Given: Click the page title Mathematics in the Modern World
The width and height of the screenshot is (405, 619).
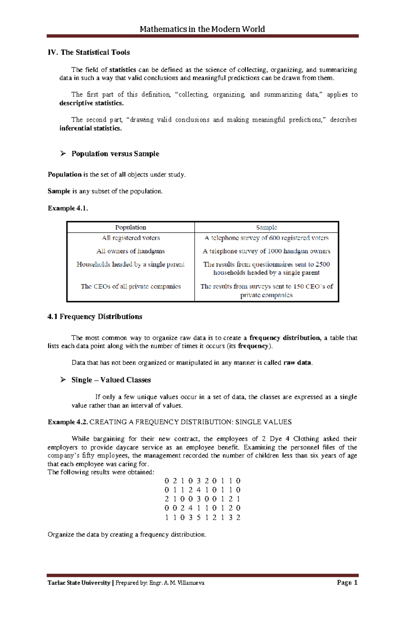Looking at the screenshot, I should tap(202, 29).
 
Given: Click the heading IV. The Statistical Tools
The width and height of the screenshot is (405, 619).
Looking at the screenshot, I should tap(89, 52).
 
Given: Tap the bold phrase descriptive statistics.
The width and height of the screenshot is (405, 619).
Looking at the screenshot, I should tap(91, 103).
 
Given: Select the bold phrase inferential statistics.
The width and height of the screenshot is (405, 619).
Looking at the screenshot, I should tap(90, 128).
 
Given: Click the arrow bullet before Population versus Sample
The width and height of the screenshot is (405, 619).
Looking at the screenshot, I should tap(63, 154).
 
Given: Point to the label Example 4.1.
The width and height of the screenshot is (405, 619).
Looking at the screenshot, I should tap(68, 208).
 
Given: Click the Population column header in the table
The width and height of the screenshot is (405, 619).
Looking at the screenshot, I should tap(131, 227).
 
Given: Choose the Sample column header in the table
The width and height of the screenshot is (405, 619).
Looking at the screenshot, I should tap(266, 227).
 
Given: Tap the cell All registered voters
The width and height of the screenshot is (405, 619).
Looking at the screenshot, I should tap(131, 238).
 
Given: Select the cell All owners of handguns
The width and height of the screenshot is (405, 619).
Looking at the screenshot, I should tap(131, 251).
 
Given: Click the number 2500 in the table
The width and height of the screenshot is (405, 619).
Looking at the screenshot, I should tap(323, 264).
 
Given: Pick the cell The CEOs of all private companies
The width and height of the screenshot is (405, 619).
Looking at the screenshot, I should tap(131, 286).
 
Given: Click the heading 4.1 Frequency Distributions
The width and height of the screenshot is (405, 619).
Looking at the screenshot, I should tap(95, 316).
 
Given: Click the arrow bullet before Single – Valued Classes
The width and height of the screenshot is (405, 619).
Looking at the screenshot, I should tap(63, 380).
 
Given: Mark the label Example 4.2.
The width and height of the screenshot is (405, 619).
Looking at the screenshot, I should tap(68, 422).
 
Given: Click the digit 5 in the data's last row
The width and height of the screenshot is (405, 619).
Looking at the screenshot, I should tap(198, 517).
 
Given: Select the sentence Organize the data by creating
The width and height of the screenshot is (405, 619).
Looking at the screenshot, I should tap(127, 534).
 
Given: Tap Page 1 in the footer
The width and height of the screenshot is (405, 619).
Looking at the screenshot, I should tap(347, 583).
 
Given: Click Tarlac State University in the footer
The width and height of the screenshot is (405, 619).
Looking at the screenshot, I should tap(79, 583).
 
